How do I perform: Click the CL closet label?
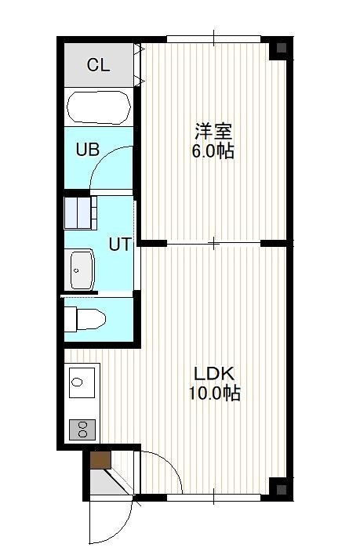click(x=99, y=65)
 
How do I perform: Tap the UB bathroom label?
click(x=88, y=150)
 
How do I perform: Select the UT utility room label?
click(x=120, y=245)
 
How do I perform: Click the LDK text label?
click(x=214, y=374)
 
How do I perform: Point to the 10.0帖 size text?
click(x=214, y=393)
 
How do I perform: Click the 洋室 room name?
click(x=214, y=132)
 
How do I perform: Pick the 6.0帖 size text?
click(x=213, y=151)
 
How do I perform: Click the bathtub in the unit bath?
click(x=99, y=107)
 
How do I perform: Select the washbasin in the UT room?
click(x=82, y=270)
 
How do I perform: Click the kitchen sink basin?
click(x=82, y=382)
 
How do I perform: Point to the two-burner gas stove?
click(x=82, y=430)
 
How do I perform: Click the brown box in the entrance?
click(x=100, y=460)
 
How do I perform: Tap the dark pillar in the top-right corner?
click(x=282, y=48)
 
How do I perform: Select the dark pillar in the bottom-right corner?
click(x=282, y=489)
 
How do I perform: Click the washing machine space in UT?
click(x=81, y=212)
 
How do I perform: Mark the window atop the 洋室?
click(x=214, y=38)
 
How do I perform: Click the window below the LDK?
click(x=214, y=498)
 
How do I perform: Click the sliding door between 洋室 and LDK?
click(x=214, y=243)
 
